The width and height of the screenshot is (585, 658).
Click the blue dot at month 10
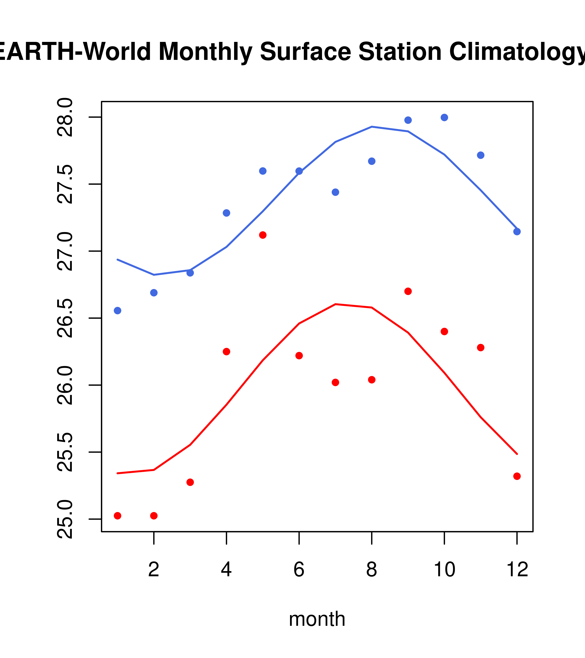(444, 117)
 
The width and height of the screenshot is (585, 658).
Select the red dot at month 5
(263, 235)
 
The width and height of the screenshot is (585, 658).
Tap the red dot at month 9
(408, 291)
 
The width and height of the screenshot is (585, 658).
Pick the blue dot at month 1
(117, 311)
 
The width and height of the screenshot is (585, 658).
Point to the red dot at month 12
(517, 476)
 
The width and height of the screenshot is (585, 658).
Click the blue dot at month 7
(335, 192)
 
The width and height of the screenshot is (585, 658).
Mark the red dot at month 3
(190, 482)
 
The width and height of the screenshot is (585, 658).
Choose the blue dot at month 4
(227, 213)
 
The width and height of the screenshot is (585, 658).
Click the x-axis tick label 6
(299, 569)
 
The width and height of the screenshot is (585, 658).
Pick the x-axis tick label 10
(444, 569)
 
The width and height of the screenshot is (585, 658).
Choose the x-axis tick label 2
(154, 569)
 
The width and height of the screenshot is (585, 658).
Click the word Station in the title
(400, 52)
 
